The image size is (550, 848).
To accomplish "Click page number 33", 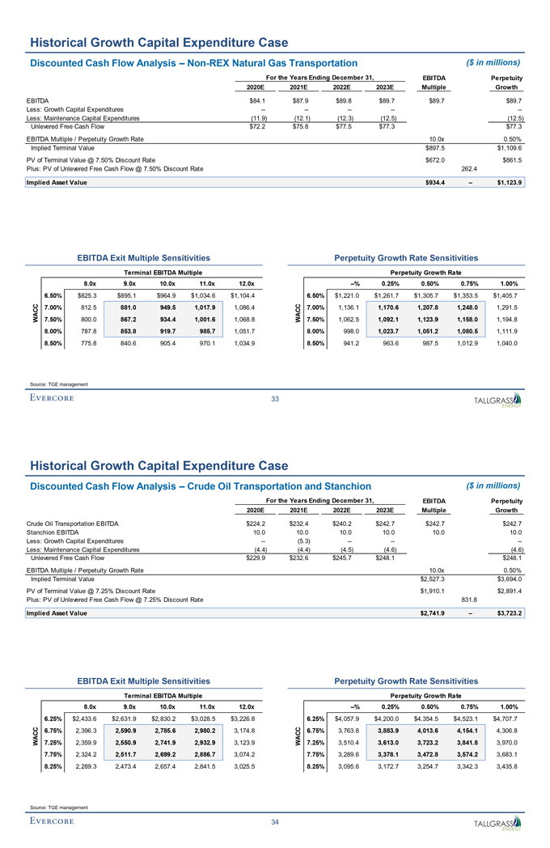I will pyautogui.click(x=275, y=398).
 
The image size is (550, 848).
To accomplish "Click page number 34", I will pyautogui.click(x=275, y=822).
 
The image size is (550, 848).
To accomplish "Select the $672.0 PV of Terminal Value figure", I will pyautogui.click(x=436, y=160).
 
